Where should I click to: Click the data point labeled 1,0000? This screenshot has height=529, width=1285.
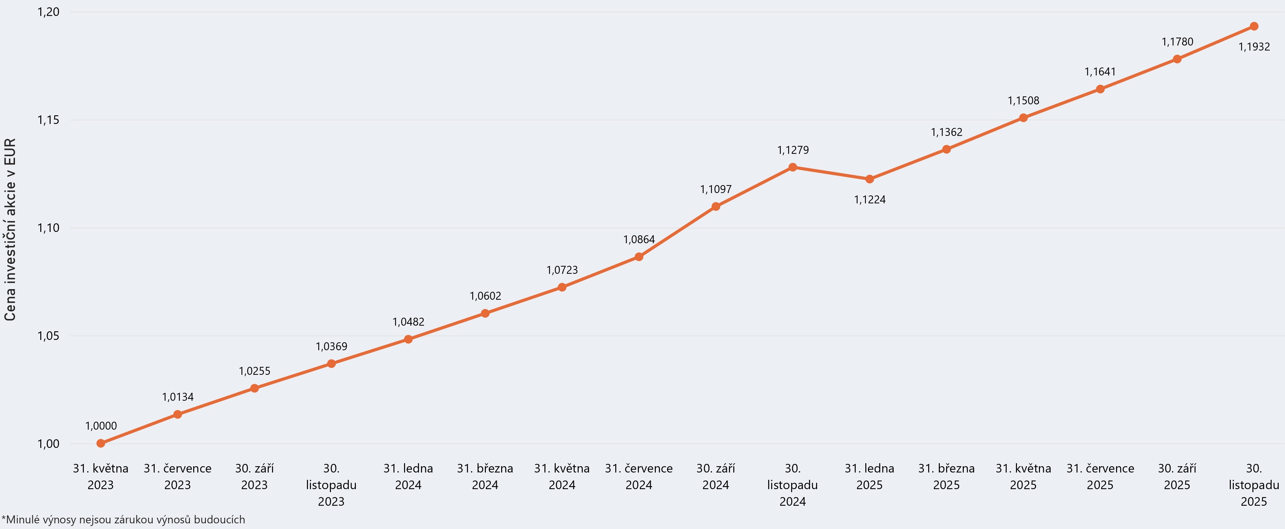(x=101, y=443)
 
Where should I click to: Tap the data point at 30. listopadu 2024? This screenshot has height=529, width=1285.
(x=793, y=167)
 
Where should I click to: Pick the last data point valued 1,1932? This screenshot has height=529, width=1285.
(x=1254, y=27)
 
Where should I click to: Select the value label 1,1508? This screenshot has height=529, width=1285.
(x=1023, y=101)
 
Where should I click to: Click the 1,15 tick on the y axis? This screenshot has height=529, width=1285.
(x=49, y=120)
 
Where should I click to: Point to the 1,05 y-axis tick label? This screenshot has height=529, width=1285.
(x=49, y=336)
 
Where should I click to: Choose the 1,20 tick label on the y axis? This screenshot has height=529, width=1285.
(x=49, y=12)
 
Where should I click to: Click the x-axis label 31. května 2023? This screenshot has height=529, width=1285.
(x=101, y=476)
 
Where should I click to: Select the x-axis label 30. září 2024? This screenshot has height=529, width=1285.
(x=716, y=476)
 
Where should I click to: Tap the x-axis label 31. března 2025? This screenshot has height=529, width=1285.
(x=946, y=476)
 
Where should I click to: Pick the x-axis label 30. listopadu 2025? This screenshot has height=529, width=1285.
(x=1254, y=484)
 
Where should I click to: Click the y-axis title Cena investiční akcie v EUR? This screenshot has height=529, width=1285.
(x=10, y=229)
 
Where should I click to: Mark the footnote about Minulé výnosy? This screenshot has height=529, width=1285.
(x=123, y=519)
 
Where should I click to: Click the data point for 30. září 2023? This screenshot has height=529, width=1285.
(x=254, y=388)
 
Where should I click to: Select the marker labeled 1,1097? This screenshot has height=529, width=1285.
(x=716, y=206)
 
